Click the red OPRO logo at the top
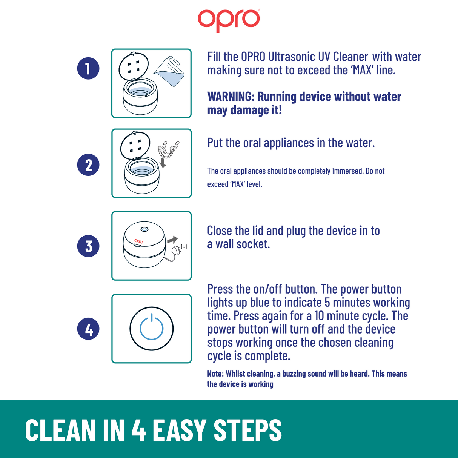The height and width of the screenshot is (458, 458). [x=229, y=20]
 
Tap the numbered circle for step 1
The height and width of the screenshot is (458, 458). [x=88, y=68]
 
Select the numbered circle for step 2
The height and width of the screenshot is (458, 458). [x=88, y=165]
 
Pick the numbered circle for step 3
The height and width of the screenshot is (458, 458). [x=88, y=246]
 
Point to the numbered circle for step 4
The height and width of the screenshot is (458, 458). [x=88, y=329]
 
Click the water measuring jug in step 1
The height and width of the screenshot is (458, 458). [x=169, y=71]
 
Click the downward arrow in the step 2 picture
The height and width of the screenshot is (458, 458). [x=163, y=163]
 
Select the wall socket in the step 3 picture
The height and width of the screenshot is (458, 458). [x=184, y=246]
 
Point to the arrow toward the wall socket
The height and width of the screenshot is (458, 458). [x=172, y=240]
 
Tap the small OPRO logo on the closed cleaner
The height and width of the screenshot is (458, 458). [x=139, y=241]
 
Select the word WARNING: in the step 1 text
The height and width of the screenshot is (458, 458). [x=231, y=97]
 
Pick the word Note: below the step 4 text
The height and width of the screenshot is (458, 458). [x=215, y=373]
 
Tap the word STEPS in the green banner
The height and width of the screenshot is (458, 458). [x=247, y=430]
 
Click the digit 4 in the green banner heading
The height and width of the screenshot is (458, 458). [x=138, y=430]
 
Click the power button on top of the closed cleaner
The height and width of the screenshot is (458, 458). [x=144, y=229]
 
